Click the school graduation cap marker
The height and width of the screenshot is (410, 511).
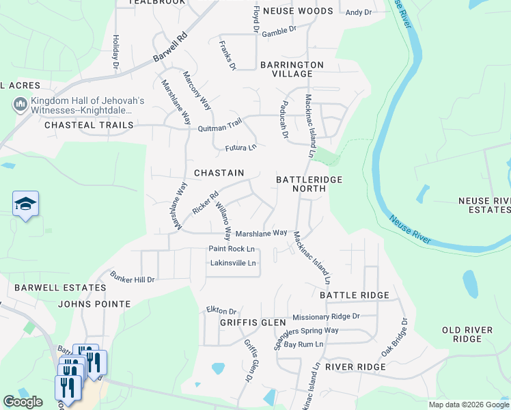pos(25,204)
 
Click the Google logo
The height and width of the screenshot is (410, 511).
pos(23,402)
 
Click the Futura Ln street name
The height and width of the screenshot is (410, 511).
pos(241,148)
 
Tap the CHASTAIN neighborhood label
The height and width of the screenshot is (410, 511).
pos(219,174)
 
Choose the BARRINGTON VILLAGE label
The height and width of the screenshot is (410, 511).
pos(292,69)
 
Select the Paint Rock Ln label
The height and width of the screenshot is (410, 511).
pos(232,249)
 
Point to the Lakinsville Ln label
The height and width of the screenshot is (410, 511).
pos(233,263)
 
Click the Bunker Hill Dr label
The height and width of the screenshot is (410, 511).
pos(133,277)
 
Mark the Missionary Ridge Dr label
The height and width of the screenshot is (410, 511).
pos(325,317)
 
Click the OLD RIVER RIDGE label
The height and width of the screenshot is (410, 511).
pos(467,335)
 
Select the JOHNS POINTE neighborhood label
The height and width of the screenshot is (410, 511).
pos(94,304)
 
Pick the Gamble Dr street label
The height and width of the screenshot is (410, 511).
pos(279,30)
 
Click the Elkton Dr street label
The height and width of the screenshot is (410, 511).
pos(221,310)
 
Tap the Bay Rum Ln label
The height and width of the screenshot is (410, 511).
pos(303,344)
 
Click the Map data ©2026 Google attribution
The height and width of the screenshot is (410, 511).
pos(468,405)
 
